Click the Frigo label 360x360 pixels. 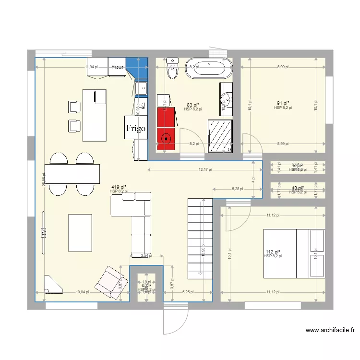(136, 128)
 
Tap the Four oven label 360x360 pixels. (118, 67)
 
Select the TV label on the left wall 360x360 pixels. (43, 233)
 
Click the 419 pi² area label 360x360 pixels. (119, 187)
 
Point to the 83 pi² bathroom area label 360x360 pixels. (192, 105)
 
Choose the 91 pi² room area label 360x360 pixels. (283, 103)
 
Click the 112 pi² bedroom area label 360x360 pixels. (273, 252)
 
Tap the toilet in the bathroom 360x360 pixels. (172, 70)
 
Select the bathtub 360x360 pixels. (208, 68)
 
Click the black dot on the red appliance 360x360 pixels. (167, 138)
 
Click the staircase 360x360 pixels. (200, 238)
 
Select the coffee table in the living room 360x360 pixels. (80, 233)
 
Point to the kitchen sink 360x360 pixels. (141, 88)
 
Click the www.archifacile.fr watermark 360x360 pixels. (331, 330)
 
